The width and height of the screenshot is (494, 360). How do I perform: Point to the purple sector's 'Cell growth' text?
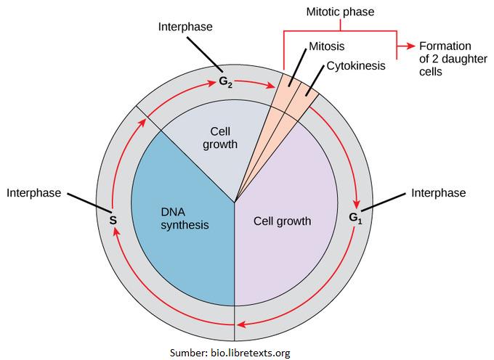(282, 221)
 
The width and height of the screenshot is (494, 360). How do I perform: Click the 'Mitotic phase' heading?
(341, 11)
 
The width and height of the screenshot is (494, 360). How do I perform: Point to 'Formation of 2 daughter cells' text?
(445, 59)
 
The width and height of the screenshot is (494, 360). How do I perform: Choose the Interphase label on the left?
(33, 193)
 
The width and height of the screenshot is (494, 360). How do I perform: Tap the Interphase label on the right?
(438, 193)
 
